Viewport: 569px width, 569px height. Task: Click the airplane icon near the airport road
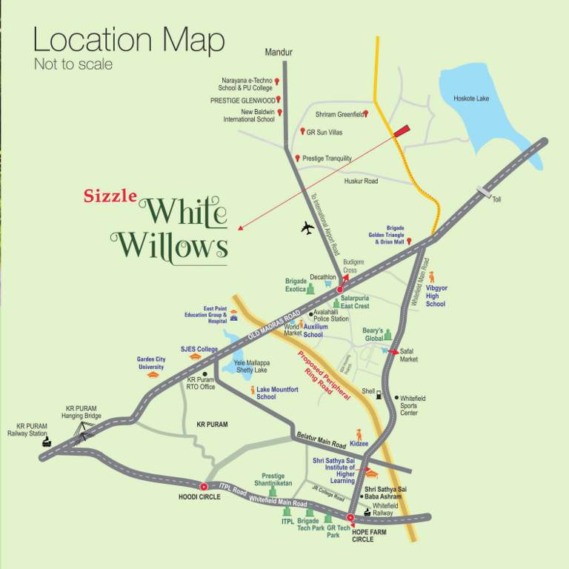click(x=308, y=227)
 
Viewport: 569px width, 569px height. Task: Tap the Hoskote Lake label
click(x=471, y=98)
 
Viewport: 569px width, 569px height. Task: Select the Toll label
click(x=497, y=199)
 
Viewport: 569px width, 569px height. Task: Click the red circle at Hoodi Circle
click(x=204, y=486)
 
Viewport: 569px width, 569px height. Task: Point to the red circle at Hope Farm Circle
click(x=351, y=518)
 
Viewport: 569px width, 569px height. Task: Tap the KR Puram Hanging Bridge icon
click(x=82, y=432)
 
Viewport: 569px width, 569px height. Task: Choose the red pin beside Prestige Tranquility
click(x=297, y=158)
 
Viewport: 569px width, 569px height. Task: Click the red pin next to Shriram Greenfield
click(x=366, y=114)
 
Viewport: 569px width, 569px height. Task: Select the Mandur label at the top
click(x=279, y=53)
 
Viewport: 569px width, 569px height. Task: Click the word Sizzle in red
click(x=110, y=196)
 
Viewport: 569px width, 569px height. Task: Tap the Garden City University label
click(x=150, y=363)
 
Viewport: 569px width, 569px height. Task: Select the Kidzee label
click(x=359, y=443)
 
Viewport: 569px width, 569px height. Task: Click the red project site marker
click(x=401, y=130)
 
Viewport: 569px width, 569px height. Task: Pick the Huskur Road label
click(x=361, y=181)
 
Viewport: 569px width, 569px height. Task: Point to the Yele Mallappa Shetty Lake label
click(x=251, y=367)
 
